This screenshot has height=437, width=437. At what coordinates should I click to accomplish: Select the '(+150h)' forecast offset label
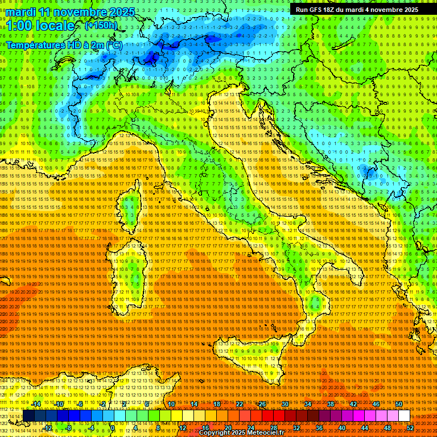pos(101,25)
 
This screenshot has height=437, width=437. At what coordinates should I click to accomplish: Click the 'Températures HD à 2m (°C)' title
pos(64,44)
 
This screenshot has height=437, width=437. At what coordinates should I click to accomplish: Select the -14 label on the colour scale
pos(36,403)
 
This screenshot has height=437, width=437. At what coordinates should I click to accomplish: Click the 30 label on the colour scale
pos(285,403)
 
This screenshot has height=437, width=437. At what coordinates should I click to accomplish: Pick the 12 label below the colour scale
pos(183,427)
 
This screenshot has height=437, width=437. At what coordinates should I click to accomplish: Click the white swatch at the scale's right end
pos(404,416)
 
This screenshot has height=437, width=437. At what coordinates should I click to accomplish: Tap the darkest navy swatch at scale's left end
pos(28,416)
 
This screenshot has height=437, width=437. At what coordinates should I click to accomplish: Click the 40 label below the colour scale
pos(341,427)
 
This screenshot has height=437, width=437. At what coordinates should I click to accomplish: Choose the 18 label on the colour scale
pos(217,403)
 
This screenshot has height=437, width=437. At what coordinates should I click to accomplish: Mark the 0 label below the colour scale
pos(113,427)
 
